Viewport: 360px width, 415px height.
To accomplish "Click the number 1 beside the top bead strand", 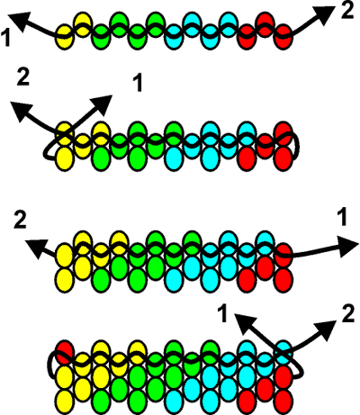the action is (x=6, y=38).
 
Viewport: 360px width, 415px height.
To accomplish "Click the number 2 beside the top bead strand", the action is (x=347, y=11).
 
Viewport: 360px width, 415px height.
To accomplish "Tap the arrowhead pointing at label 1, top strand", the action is (x=20, y=21).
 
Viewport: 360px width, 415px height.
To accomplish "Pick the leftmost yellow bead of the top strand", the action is (x=64, y=37).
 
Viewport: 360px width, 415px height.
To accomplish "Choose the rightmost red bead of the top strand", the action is (x=283, y=37).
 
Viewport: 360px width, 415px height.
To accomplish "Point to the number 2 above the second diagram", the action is (x=22, y=77).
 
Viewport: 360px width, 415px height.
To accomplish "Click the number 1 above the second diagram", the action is (x=138, y=83).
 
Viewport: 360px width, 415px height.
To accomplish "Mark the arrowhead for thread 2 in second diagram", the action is (x=21, y=112).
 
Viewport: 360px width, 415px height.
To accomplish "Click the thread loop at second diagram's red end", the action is (x=298, y=147).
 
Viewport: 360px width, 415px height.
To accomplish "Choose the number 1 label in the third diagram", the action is (x=342, y=218).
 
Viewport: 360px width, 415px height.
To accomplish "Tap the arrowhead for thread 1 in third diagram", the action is (x=348, y=246).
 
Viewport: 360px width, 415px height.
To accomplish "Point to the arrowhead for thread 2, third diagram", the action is (x=36, y=248).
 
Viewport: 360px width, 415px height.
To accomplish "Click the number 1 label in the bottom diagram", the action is (x=222, y=314).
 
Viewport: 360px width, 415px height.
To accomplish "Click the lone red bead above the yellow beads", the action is (x=65, y=352).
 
